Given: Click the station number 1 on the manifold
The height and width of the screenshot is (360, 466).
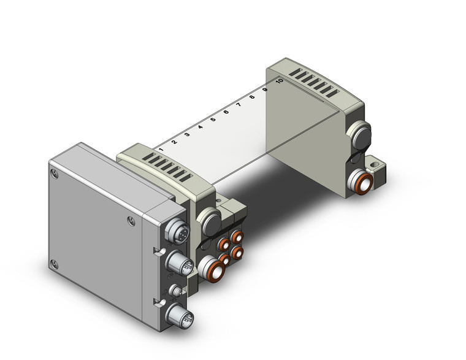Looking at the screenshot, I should tap(161, 149).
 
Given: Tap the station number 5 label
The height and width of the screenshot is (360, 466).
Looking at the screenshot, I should tap(213, 119).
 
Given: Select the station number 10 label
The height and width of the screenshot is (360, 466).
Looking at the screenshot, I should tap(279, 80).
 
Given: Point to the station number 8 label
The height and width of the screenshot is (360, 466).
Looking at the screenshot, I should tap(252, 96).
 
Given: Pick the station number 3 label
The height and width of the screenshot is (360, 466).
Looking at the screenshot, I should tap(187, 134).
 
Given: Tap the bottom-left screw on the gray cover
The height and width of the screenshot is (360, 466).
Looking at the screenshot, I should tap(55, 265).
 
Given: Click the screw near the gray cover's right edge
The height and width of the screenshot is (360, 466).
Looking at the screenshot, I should tap(131, 221).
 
